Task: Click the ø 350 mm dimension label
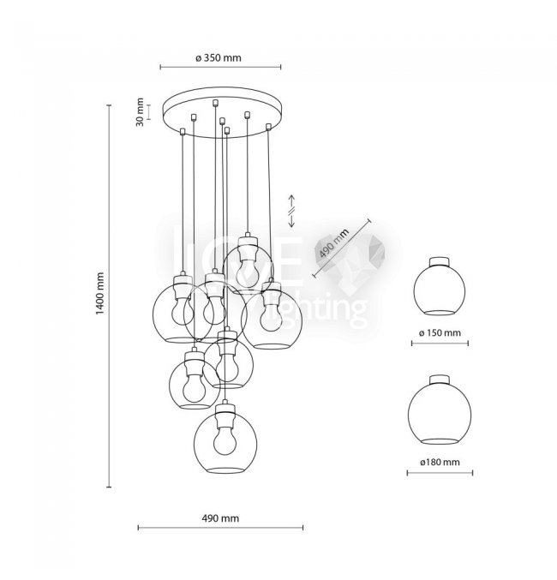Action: click(x=219, y=58)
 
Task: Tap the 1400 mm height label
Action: click(x=100, y=293)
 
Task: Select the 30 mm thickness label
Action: click(x=140, y=112)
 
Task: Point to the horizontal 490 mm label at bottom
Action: click(x=220, y=518)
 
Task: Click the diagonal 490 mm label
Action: click(x=334, y=242)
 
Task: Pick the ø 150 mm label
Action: click(x=440, y=332)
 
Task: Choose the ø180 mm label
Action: click(x=440, y=462)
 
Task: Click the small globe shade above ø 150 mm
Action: click(x=440, y=290)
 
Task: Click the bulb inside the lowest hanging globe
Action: click(x=225, y=440)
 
